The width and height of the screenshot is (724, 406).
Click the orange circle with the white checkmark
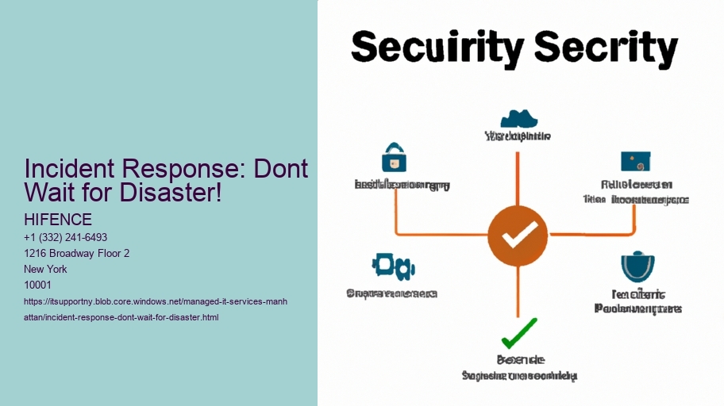coord(517,234)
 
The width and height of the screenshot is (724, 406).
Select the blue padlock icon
coord(394,158)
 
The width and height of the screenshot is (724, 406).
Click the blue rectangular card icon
coord(637,162)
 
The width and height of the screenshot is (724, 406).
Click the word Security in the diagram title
coord(435,50)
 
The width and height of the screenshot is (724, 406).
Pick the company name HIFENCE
coord(58,220)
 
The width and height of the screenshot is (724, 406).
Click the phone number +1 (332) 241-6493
coord(66,237)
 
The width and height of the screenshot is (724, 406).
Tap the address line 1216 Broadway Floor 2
coord(77,253)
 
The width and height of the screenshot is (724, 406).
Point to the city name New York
coord(46,269)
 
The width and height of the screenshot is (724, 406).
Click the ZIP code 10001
coord(39,285)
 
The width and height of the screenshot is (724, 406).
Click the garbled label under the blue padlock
coord(402,185)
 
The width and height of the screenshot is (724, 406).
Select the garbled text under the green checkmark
coord(519,367)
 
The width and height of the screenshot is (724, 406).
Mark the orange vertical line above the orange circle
coord(518,170)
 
